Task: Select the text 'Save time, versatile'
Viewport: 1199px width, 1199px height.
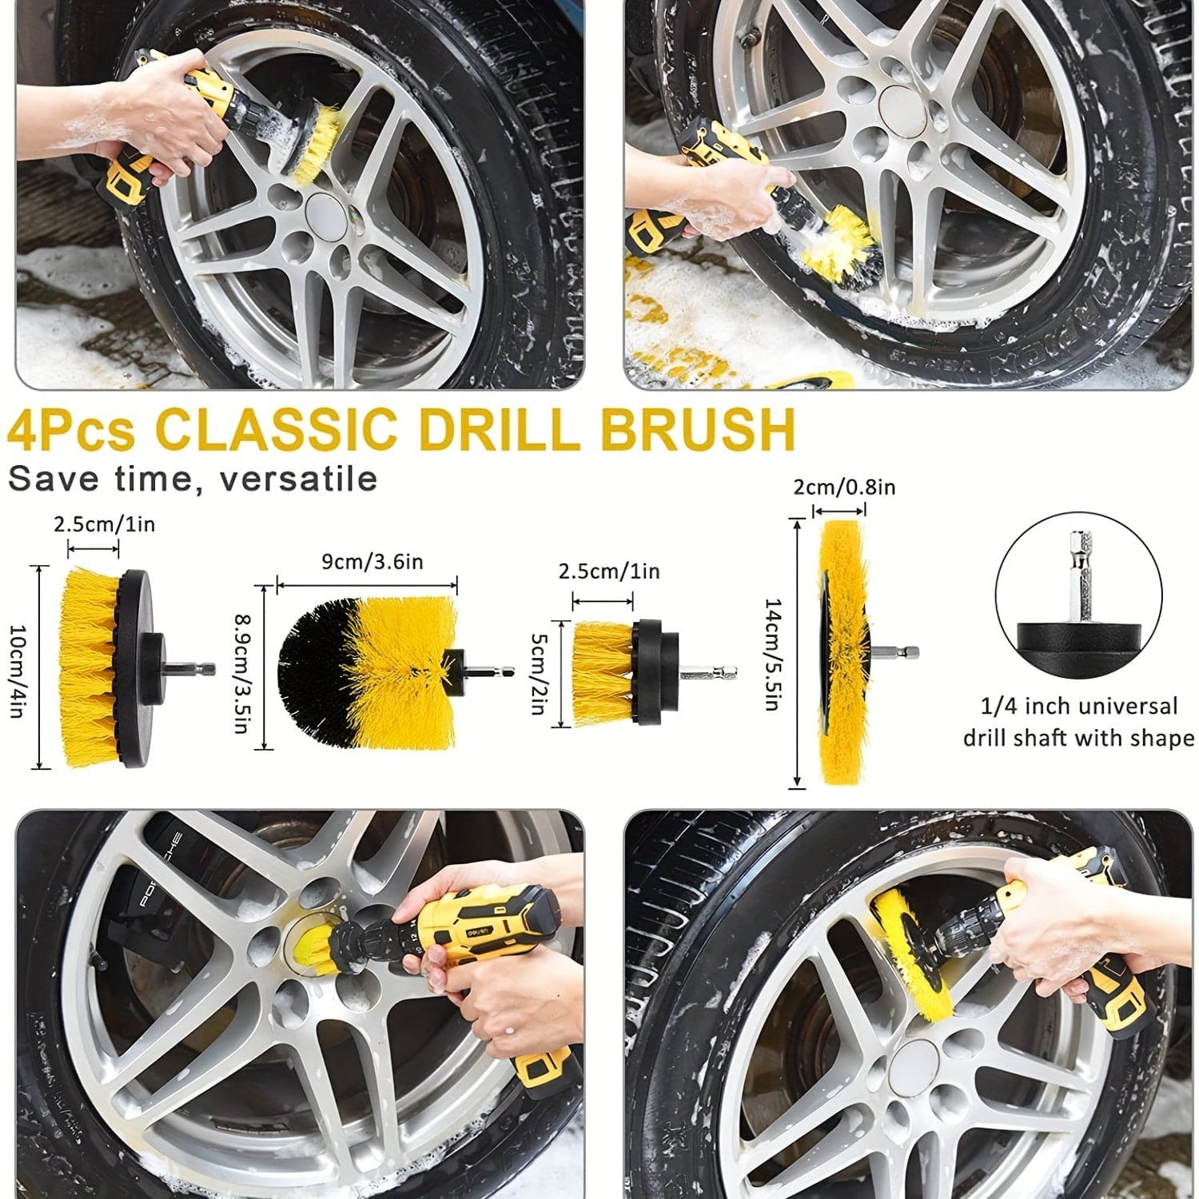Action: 193,479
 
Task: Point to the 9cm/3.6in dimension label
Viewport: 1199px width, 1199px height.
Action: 372,562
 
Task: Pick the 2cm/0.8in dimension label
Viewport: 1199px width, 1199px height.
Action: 844,487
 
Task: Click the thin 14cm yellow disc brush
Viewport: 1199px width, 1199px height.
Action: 839,652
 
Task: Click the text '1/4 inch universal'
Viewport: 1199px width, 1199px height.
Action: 1079,707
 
